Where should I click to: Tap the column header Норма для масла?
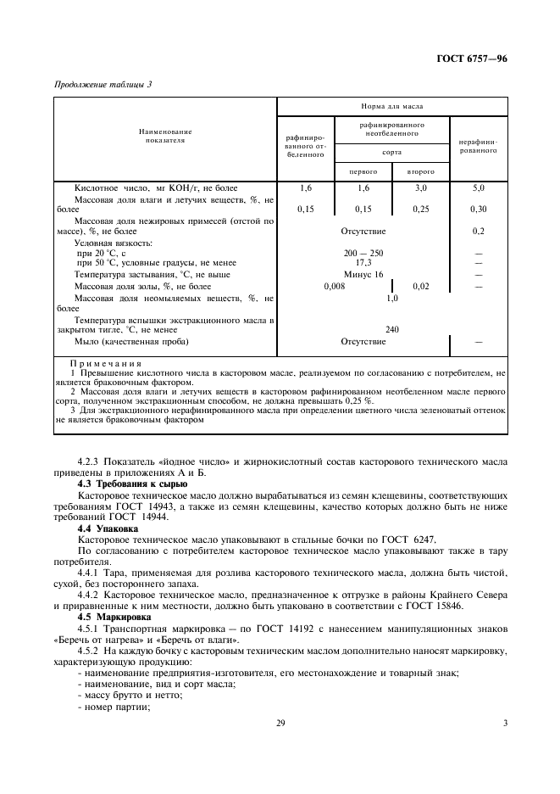[x=392, y=107]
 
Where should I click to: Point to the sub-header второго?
[x=420, y=171]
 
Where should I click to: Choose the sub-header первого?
[x=363, y=171]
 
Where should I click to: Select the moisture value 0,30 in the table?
[x=479, y=209]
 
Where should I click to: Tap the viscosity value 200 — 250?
[x=363, y=253]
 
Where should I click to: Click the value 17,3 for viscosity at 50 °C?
[x=363, y=263]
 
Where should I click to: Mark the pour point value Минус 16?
[x=363, y=275]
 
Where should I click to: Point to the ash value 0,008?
[x=335, y=287]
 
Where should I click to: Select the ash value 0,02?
[x=420, y=287]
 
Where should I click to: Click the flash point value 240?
[x=392, y=330]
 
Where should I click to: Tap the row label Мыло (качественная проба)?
[x=131, y=342]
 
